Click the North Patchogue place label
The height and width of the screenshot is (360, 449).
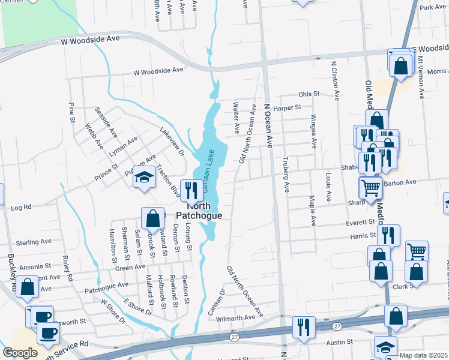tap(199, 210)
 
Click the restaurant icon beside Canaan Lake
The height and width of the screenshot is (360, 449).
tap(191, 191)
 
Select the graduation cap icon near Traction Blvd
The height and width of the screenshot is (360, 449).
tap(144, 178)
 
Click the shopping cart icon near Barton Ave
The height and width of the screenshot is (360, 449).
tap(371, 188)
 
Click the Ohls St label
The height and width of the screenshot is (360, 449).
tap(309, 95)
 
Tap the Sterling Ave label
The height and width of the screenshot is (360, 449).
tap(34, 242)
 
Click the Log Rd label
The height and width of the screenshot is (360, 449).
tap(21, 208)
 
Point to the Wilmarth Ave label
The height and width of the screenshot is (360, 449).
tap(236, 318)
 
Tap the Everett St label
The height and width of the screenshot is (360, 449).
tap(360, 221)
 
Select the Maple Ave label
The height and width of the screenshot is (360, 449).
tap(312, 210)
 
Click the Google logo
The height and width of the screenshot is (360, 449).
tap(20, 353)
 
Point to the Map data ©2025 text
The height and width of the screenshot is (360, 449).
tap(423, 355)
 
